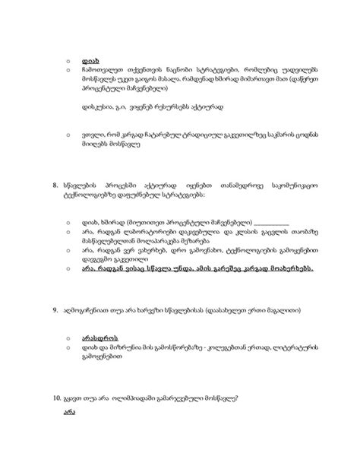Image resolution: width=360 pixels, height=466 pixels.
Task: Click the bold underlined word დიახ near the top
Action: (90, 57)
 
